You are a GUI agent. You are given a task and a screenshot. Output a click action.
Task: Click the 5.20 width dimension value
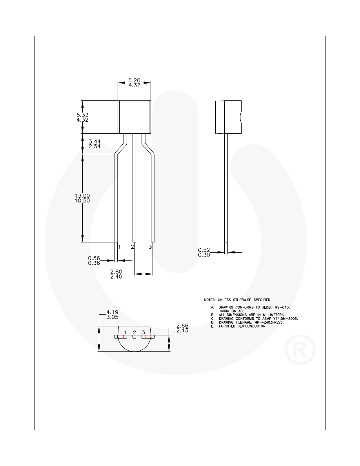[135, 80]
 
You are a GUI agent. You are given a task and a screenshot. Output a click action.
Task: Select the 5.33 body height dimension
[83, 115]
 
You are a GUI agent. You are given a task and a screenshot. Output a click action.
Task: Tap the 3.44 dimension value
[95, 141]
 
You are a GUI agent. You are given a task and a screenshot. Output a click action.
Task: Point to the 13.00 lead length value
[83, 196]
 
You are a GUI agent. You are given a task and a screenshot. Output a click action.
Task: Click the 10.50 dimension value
[83, 201]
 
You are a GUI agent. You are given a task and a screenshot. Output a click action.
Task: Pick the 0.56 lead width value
[94, 258]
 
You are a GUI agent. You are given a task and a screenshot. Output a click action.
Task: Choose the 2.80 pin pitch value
[116, 271]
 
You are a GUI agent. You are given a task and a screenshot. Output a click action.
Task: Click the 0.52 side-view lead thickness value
[204, 249]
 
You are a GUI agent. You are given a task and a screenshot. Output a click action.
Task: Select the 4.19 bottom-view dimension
[112, 312]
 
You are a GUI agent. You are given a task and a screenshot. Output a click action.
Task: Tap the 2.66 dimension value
[183, 326]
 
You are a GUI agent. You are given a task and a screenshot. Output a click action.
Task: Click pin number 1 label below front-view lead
[119, 247]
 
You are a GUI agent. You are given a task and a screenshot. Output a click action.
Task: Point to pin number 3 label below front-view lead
[150, 247]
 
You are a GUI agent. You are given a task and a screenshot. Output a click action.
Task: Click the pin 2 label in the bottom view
[135, 332]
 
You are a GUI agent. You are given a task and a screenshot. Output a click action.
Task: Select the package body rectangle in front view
[135, 117]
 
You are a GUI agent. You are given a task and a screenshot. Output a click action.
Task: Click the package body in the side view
[228, 117]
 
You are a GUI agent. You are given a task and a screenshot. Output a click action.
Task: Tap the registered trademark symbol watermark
[300, 349]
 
